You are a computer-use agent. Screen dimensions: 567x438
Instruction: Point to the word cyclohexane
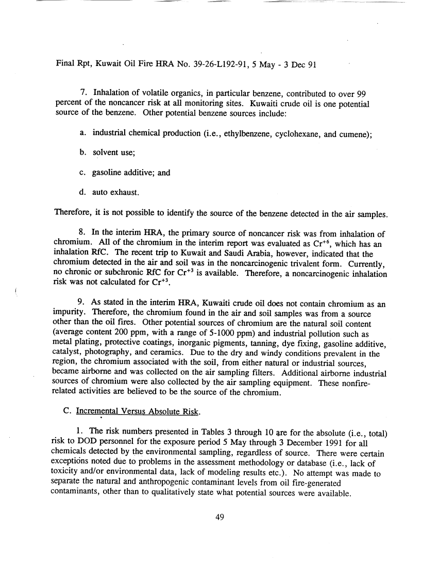[293, 134]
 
